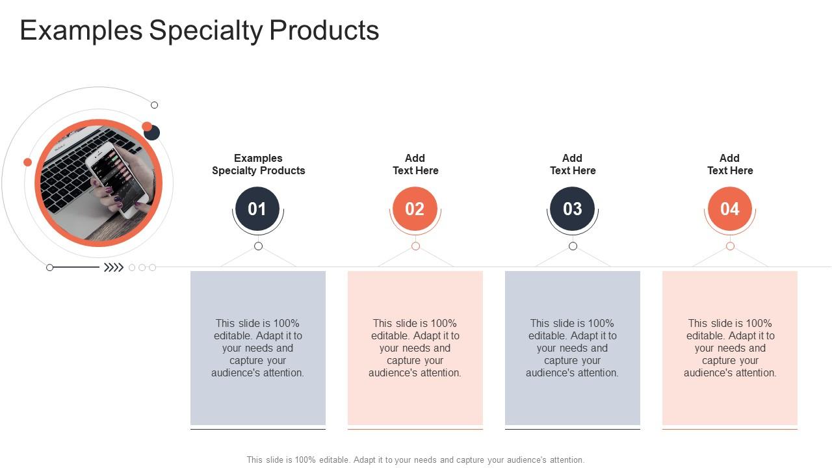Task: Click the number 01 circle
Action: click(257, 209)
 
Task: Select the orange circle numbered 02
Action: click(415, 209)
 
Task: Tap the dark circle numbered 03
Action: click(572, 209)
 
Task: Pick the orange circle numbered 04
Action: click(729, 209)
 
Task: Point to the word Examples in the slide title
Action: click(81, 31)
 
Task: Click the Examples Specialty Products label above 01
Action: click(258, 164)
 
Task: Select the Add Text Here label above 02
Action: click(415, 164)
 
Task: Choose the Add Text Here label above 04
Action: click(730, 164)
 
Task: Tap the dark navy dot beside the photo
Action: click(152, 133)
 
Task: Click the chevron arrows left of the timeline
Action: click(114, 267)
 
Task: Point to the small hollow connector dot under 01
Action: click(258, 246)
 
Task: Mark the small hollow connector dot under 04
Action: click(730, 246)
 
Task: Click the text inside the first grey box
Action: click(258, 348)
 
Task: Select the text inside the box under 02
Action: click(415, 348)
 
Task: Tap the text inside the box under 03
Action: click(573, 348)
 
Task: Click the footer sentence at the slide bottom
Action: click(415, 460)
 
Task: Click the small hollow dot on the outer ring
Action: click(154, 105)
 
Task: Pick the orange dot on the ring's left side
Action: click(27, 162)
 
